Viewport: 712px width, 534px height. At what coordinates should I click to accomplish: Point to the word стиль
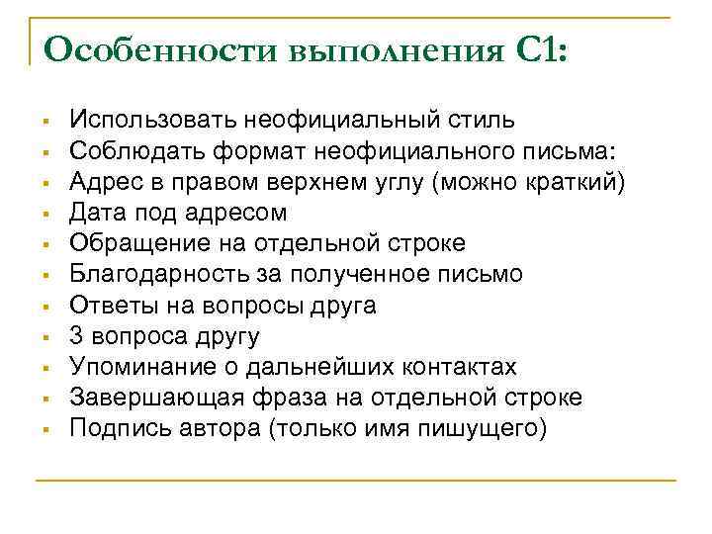(482, 122)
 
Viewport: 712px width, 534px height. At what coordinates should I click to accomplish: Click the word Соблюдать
(130, 152)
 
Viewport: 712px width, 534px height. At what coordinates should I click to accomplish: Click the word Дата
(97, 214)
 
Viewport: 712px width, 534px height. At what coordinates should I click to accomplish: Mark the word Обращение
(132, 244)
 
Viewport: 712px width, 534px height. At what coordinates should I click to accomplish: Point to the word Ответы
(109, 306)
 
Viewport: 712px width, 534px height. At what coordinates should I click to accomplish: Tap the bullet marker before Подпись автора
(46, 429)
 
